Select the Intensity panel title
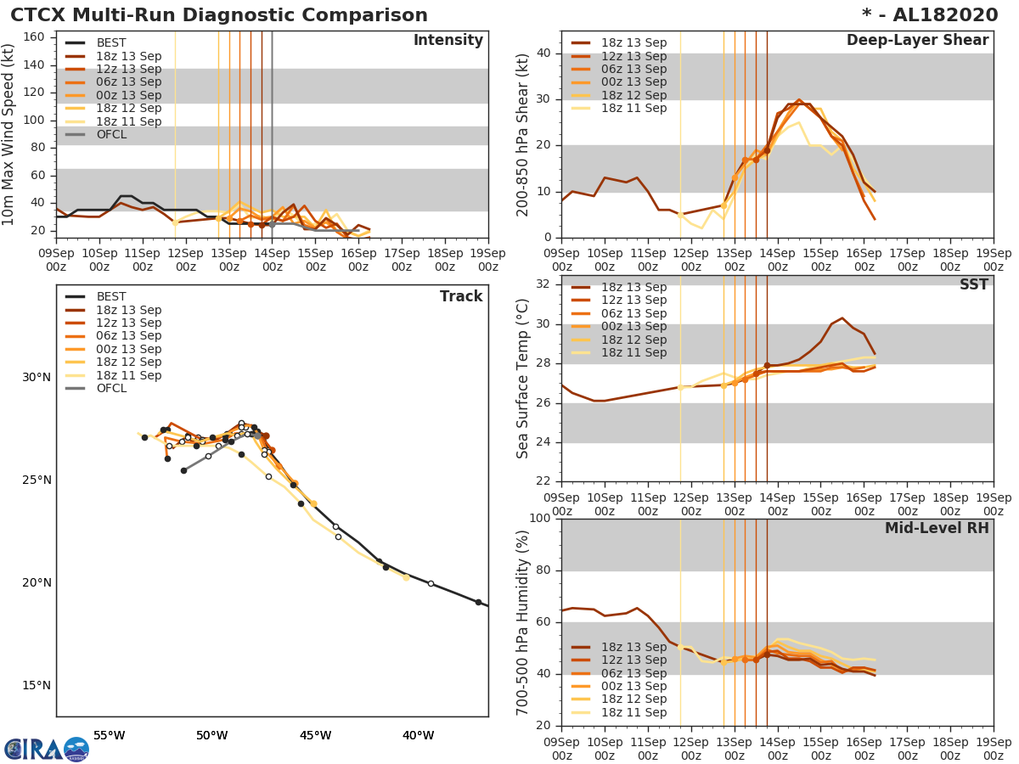(448, 41)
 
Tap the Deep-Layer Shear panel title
(917, 41)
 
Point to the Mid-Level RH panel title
(936, 528)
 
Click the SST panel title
(973, 284)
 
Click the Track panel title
(460, 296)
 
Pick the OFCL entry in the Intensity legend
(111, 135)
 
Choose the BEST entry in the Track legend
(111, 297)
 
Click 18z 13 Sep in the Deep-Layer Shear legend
(633, 43)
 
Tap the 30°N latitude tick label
(36, 378)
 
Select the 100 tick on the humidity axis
(539, 519)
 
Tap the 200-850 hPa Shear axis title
(523, 134)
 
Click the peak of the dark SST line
(842, 318)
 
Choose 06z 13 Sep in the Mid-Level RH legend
(633, 673)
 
